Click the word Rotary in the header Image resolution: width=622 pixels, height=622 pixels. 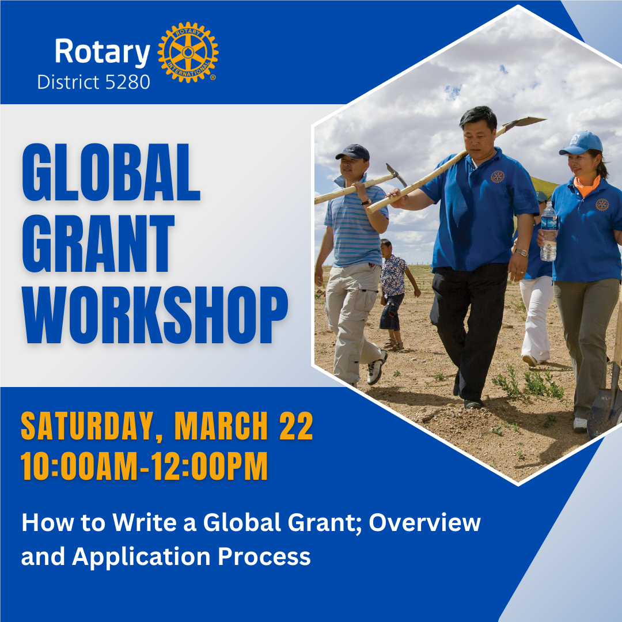click(102, 52)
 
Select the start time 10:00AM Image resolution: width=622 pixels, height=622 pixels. click(77, 466)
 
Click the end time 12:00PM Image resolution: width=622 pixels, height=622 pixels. click(212, 466)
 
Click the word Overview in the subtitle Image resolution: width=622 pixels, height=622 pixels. click(425, 522)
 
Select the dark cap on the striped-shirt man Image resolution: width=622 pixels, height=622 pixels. click(353, 152)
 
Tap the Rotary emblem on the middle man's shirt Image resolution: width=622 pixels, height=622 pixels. click(498, 176)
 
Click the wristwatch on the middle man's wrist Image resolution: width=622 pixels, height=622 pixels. click(521, 252)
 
